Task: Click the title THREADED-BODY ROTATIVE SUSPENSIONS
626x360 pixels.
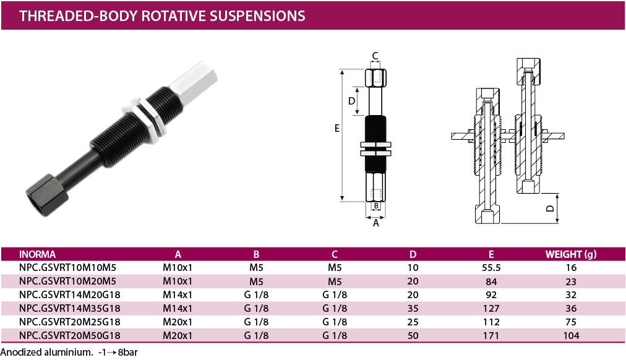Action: [x=162, y=15]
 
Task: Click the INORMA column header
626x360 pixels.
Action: [x=38, y=254]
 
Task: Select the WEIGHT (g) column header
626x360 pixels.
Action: [x=572, y=254]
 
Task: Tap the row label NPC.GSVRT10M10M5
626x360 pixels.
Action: [x=68, y=268]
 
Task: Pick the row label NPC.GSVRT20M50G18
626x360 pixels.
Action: [x=70, y=335]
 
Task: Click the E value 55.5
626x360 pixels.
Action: [x=491, y=268]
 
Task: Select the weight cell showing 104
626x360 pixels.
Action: [x=571, y=335]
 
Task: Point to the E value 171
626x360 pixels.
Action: [x=491, y=335]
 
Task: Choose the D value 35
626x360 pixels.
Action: [x=413, y=308]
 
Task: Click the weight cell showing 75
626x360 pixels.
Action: [x=571, y=322]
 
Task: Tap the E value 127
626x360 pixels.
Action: [x=491, y=308]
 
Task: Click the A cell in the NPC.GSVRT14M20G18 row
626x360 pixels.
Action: [x=178, y=295]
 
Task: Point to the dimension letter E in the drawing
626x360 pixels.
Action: [x=337, y=129]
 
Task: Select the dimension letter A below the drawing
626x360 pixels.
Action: [x=375, y=223]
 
